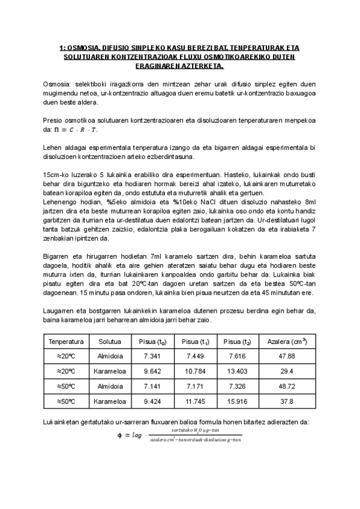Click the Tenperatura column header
[67, 342]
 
